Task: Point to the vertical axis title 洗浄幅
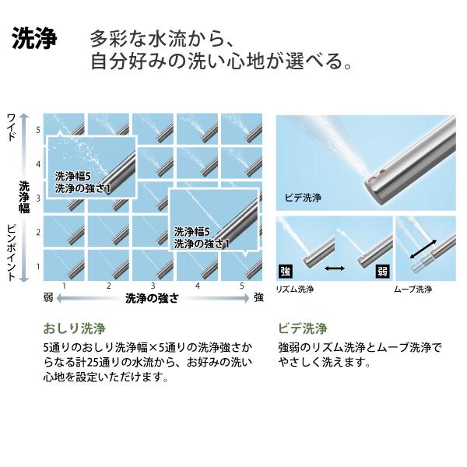(x=24, y=197)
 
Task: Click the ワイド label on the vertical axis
(x=11, y=128)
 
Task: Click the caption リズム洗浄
(x=297, y=289)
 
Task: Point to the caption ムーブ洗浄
(x=413, y=289)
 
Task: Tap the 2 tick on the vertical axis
(x=38, y=232)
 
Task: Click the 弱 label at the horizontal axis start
(x=49, y=297)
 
